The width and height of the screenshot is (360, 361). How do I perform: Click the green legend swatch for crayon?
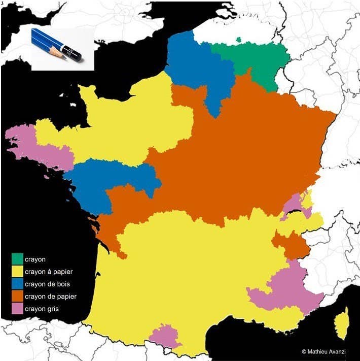[18, 259]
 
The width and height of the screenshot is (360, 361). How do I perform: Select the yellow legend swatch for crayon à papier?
[18, 272]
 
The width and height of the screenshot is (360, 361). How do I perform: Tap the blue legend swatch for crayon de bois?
[18, 284]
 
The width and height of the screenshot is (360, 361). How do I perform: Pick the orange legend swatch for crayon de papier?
[18, 296]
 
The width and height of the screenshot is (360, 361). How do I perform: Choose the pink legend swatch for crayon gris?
[18, 308]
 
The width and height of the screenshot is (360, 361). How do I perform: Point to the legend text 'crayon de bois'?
[47, 284]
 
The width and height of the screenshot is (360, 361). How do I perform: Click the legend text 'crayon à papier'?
[49, 272]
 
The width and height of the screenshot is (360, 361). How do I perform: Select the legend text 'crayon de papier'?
[50, 297]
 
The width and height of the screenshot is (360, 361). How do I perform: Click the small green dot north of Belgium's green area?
[238, 39]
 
